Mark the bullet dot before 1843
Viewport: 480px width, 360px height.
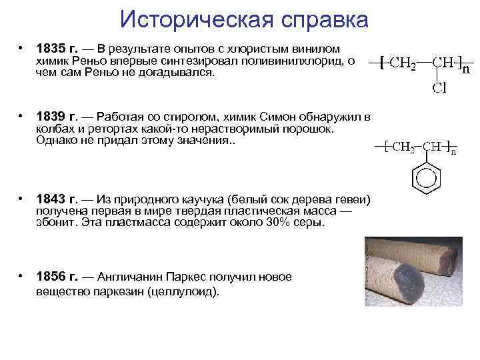point(22,199)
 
